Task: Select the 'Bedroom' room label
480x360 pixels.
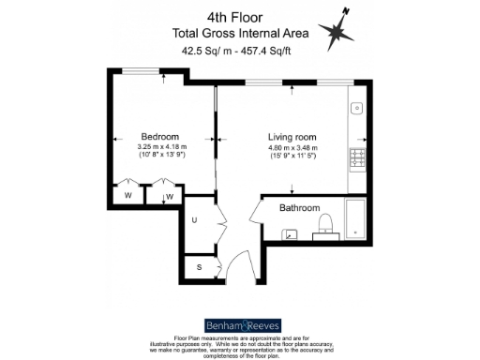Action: click(161, 135)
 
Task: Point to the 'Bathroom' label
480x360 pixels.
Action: click(299, 208)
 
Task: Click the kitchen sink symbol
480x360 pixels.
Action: click(355, 110)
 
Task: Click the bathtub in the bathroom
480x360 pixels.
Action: click(356, 217)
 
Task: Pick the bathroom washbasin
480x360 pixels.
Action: click(291, 233)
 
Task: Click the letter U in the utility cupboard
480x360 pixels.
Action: click(194, 220)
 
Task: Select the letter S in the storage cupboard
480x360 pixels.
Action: click(199, 267)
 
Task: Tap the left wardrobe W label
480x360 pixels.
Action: click(127, 196)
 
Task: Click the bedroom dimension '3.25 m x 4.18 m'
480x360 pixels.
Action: click(162, 147)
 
